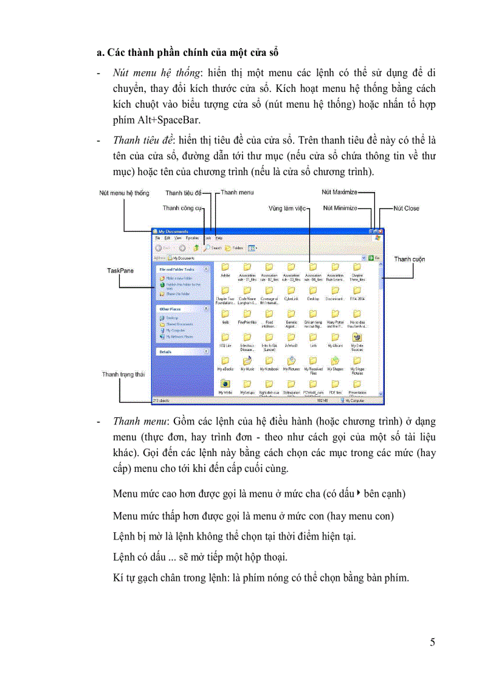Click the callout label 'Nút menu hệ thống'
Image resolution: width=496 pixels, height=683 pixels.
pyautogui.click(x=124, y=193)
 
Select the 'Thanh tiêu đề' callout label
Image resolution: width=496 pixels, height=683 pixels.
pyautogui.click(x=183, y=193)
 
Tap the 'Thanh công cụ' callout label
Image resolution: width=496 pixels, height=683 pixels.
pyautogui.click(x=182, y=208)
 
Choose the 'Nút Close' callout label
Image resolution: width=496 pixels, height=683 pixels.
pyautogui.click(x=406, y=208)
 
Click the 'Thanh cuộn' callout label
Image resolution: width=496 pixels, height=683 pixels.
pyautogui.click(x=409, y=259)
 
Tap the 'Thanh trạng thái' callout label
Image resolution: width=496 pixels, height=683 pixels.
pyautogui.click(x=123, y=375)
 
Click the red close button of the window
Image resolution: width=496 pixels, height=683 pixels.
pyautogui.click(x=381, y=231)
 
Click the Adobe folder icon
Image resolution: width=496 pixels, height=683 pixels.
pyautogui.click(x=226, y=267)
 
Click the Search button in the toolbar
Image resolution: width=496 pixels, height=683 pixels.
pyautogui.click(x=212, y=248)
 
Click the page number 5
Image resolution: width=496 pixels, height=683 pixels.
pyautogui.click(x=432, y=643)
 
